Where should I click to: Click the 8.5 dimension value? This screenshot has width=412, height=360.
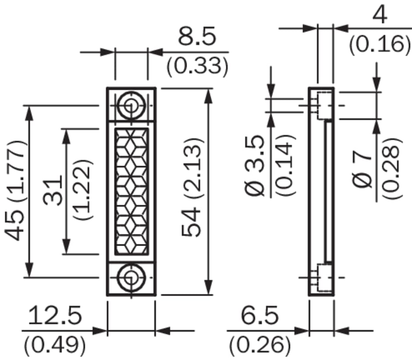coord(197,36)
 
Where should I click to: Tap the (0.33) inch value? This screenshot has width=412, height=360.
coord(197,66)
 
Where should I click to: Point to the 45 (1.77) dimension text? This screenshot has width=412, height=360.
coord(15,191)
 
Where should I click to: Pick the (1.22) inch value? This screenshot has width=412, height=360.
coord(82,190)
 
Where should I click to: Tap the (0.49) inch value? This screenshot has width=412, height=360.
coord(55,345)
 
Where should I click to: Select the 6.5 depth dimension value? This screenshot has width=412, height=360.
coord(259,315)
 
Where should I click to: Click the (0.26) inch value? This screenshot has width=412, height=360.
coord(260,345)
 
